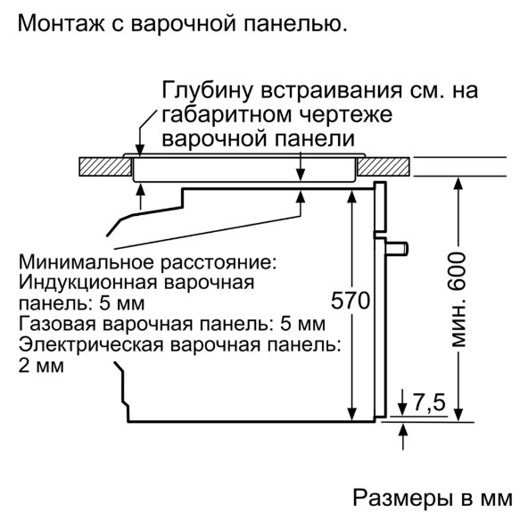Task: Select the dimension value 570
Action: (x=351, y=301)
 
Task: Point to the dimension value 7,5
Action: (x=429, y=402)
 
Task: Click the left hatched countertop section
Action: (x=105, y=167)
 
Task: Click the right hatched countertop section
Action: (x=384, y=167)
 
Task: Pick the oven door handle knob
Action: (x=397, y=249)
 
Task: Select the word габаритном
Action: (x=227, y=115)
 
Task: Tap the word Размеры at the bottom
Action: (x=400, y=499)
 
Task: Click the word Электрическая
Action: (x=91, y=344)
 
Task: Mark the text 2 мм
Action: (x=41, y=366)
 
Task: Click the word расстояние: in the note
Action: (x=219, y=262)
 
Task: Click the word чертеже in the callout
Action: (x=346, y=115)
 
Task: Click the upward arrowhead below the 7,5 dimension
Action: (x=403, y=431)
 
